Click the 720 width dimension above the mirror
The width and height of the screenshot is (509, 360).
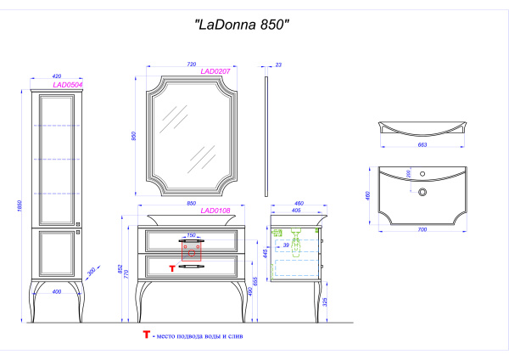(x=192, y=65)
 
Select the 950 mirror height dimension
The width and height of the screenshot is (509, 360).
(x=134, y=136)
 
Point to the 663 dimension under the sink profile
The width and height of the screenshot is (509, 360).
(x=423, y=146)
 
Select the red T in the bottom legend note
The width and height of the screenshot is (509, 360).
(x=147, y=337)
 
